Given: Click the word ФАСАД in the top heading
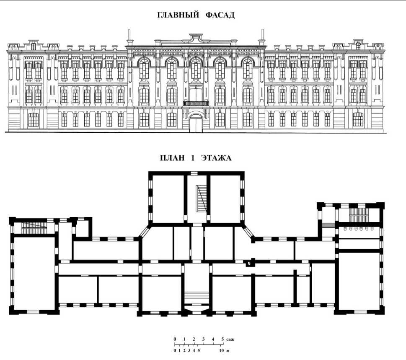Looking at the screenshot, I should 220,15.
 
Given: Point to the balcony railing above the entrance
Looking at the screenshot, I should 196,103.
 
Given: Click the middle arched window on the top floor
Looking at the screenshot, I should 196,68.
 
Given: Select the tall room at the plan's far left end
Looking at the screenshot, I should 34,272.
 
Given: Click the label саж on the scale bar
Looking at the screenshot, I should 230,338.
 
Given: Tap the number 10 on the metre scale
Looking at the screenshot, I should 221,350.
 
